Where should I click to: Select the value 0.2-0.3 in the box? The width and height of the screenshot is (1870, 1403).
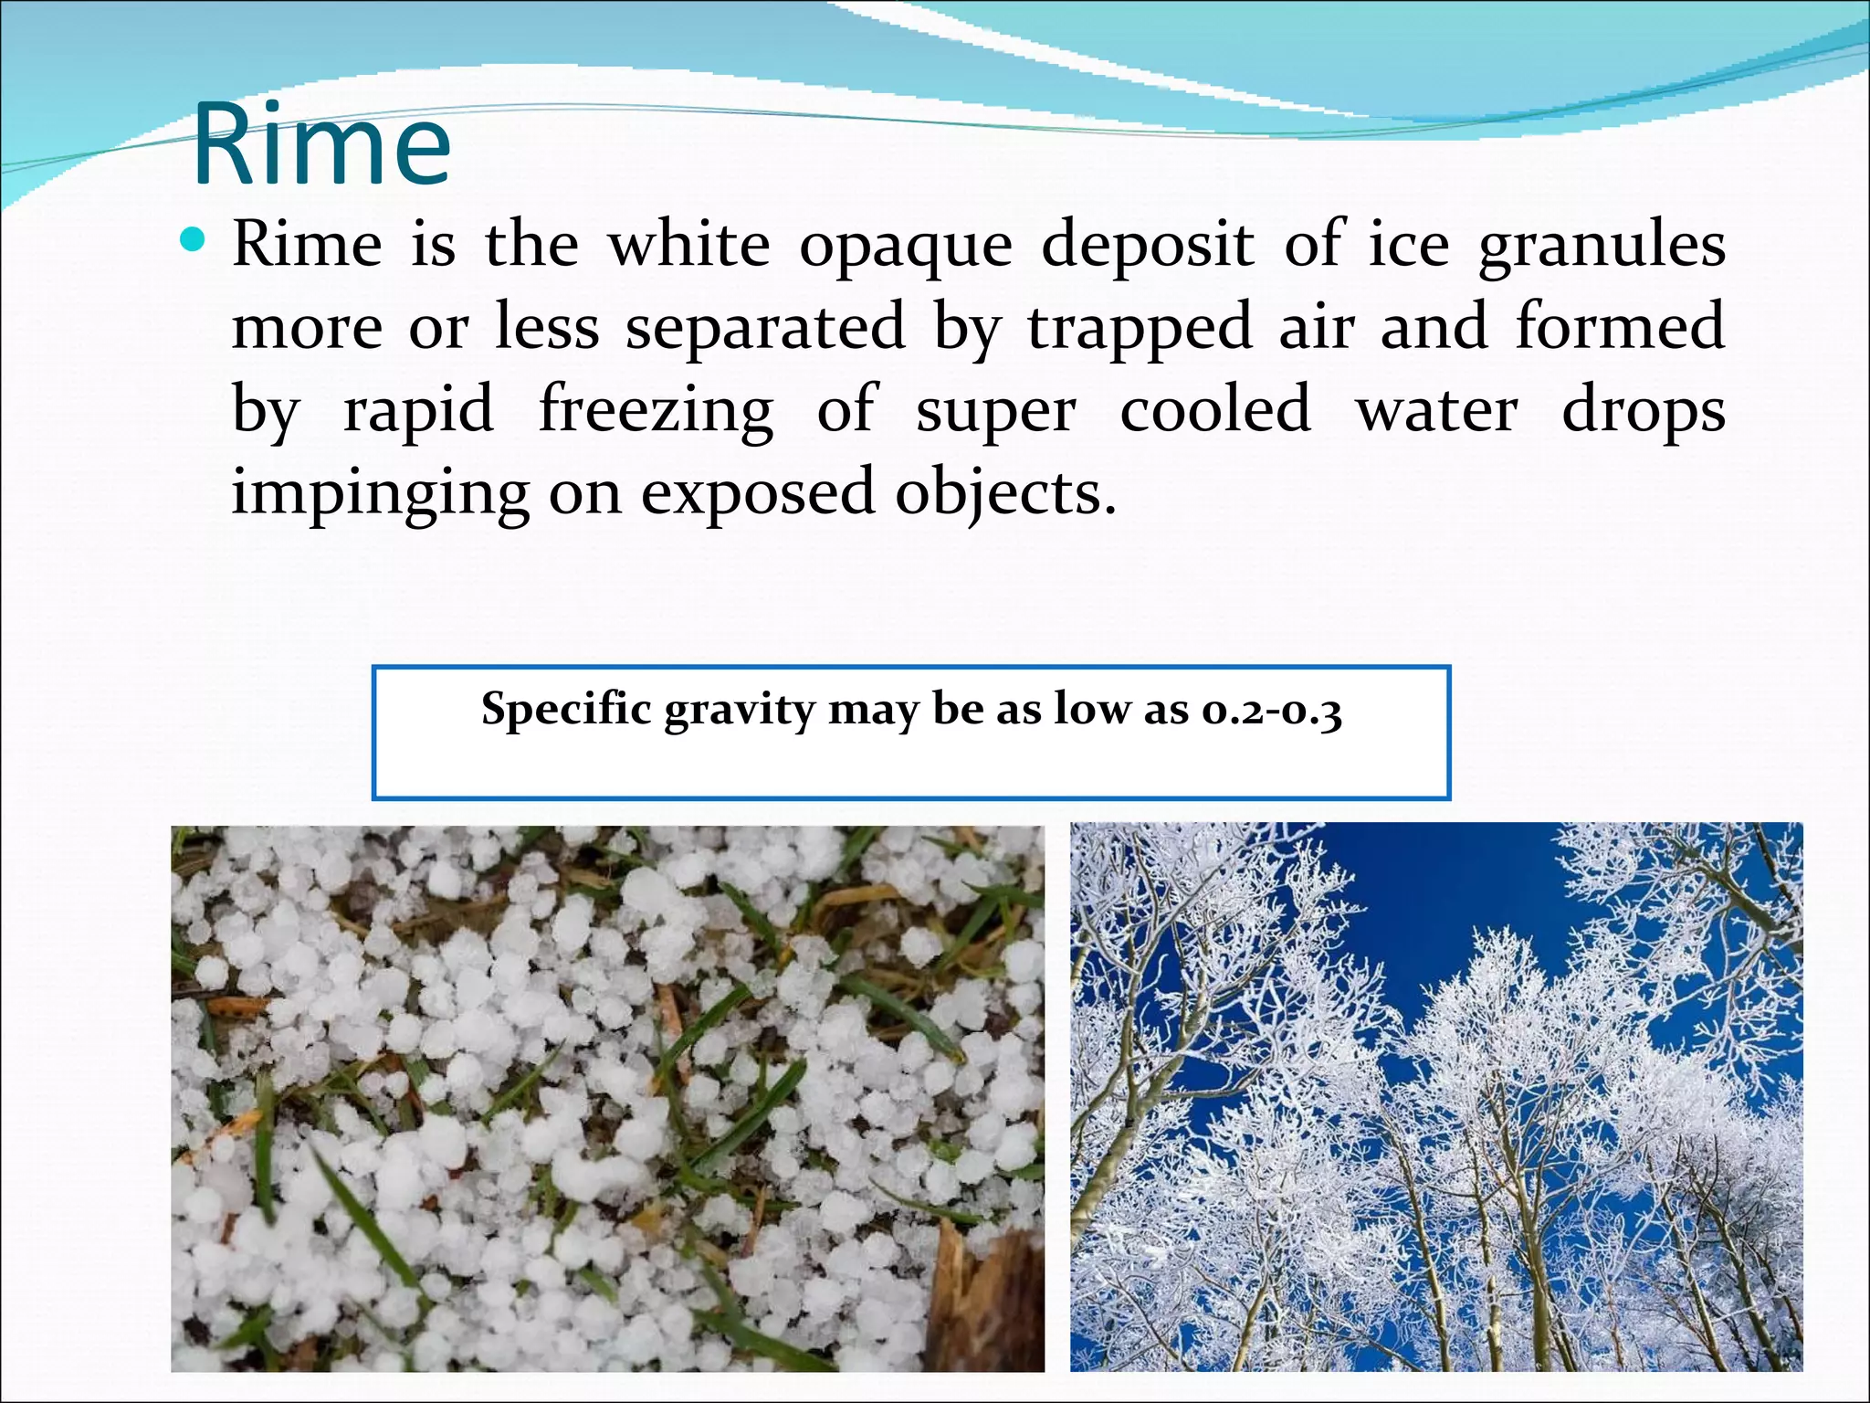point(1271,710)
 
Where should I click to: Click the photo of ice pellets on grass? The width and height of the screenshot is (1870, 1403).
point(607,1098)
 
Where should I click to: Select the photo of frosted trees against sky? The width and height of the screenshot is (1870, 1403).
point(1436,1096)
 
